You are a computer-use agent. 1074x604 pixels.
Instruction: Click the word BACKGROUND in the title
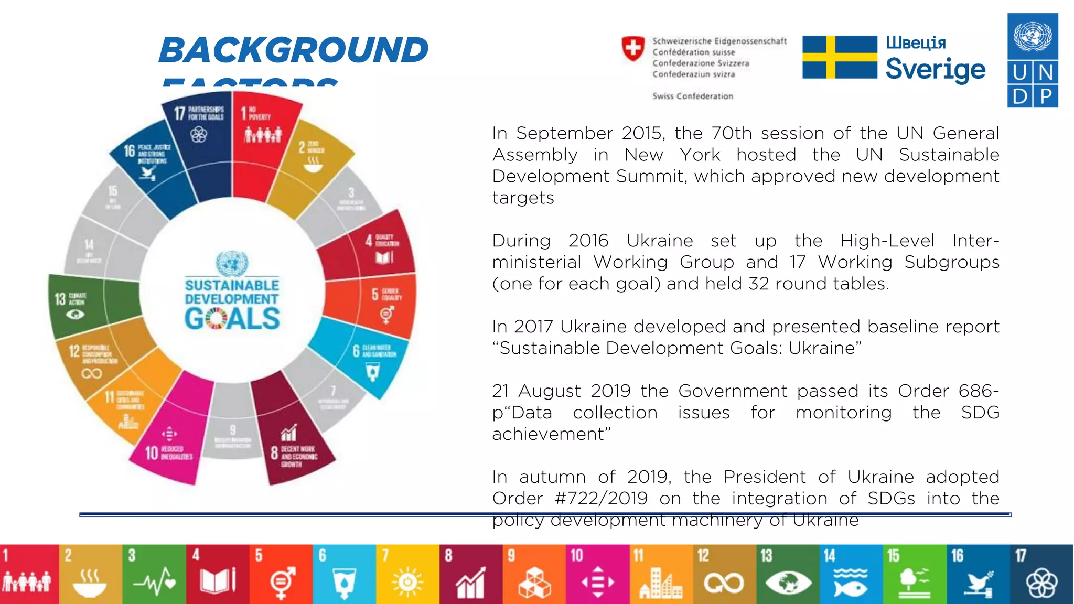294,50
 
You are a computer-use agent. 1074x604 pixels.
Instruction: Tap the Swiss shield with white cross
633,49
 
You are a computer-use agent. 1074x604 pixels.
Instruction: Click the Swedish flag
840,57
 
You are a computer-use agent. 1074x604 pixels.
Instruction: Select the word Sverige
936,69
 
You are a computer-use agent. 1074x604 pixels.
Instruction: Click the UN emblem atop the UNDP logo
1033,36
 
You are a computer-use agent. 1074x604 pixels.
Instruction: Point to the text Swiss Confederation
692,96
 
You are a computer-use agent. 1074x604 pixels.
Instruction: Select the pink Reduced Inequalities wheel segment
173,435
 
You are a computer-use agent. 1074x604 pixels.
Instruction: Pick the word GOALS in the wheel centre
232,319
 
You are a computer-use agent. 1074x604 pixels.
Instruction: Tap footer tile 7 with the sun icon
407,575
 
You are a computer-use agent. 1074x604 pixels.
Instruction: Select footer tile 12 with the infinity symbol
724,575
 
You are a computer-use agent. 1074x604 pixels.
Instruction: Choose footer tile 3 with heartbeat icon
154,575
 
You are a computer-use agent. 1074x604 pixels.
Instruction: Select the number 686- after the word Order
979,391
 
